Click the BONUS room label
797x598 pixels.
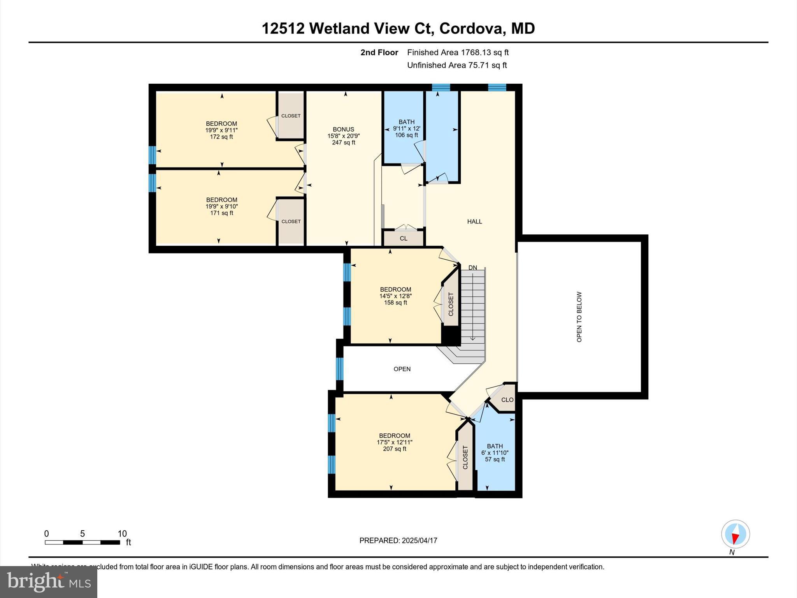(343, 130)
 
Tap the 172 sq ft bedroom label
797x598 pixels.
(221, 130)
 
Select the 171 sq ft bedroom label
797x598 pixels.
(221, 206)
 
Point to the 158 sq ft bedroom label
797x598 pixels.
(395, 296)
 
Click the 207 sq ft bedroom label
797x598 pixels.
(395, 442)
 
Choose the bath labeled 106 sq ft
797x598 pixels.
(406, 128)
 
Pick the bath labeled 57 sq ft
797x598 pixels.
(495, 453)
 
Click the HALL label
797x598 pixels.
(474, 222)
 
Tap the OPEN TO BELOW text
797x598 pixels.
(579, 317)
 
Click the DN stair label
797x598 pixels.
(472, 267)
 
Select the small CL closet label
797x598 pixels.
(404, 238)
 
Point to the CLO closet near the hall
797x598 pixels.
(507, 400)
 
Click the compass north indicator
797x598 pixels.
(735, 534)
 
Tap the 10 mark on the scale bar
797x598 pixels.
(122, 534)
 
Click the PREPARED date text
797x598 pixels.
(398, 540)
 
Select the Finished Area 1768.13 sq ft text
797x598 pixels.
(458, 52)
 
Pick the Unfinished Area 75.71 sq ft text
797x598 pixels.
(457, 65)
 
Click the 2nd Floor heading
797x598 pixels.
(379, 52)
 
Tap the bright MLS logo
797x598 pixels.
(49, 582)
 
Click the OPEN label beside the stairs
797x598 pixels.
(402, 369)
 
